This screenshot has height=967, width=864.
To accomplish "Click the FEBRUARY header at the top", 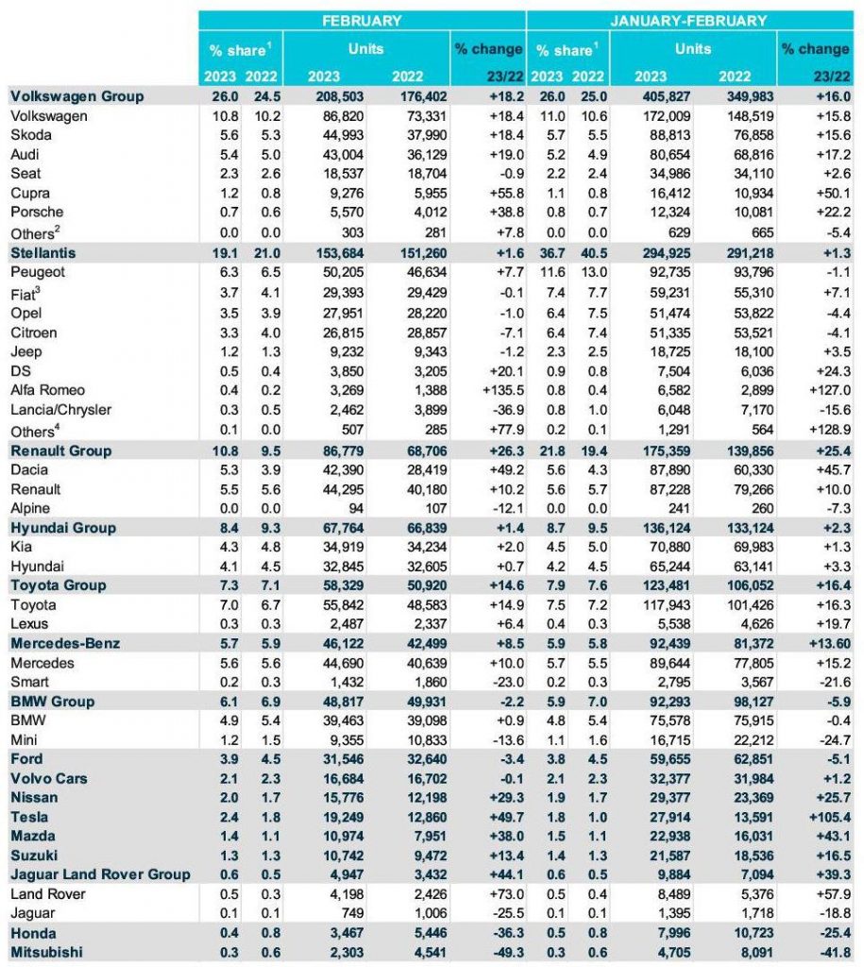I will pos(362,20).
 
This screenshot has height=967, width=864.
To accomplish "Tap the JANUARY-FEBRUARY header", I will pos(689,20).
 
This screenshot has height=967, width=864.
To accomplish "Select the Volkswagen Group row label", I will pos(76,96).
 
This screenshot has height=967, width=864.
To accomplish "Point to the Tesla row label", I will pos(29,816).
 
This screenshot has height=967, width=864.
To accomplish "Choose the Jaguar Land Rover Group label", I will pos(100,874).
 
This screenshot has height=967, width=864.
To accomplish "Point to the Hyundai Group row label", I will pos(63,528).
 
